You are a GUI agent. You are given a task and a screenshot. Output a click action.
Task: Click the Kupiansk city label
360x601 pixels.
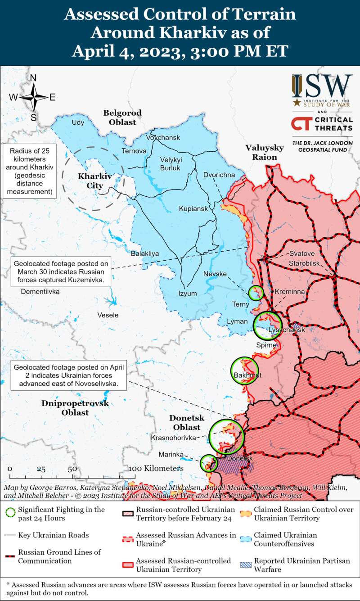(x=193, y=209)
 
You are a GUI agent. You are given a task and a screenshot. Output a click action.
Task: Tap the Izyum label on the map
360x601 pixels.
(x=188, y=294)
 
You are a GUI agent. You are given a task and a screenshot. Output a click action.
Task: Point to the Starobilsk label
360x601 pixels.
(x=304, y=262)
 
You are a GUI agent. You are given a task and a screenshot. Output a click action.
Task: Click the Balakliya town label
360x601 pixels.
(x=145, y=254)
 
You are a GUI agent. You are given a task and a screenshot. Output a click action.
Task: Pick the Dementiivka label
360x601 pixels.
(x=40, y=292)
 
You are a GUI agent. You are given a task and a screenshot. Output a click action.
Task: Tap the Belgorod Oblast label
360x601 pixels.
(x=122, y=117)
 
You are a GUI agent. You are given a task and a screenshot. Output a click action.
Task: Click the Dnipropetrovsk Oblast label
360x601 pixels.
(x=75, y=408)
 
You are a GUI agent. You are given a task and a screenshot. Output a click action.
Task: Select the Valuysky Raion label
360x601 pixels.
(x=265, y=152)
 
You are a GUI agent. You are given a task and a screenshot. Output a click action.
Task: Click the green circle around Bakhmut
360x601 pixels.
(x=244, y=371)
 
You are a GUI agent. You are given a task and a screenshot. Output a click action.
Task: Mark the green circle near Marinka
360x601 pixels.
(x=208, y=463)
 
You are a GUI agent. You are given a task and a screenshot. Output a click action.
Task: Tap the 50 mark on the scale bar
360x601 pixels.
(x=72, y=469)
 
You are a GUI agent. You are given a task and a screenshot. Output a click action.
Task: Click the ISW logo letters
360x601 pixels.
(x=322, y=86)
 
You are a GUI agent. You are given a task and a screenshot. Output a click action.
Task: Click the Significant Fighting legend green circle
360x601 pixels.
(x=10, y=513)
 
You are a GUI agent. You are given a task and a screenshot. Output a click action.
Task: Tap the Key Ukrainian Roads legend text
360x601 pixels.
(x=54, y=535)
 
